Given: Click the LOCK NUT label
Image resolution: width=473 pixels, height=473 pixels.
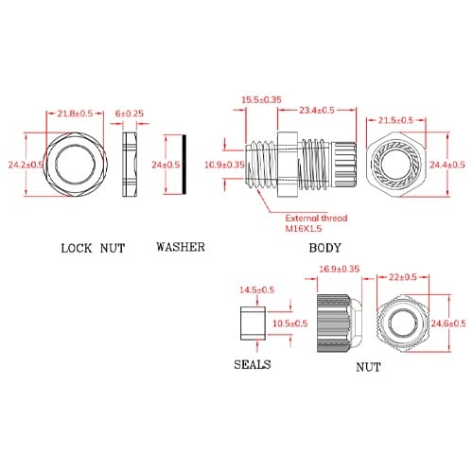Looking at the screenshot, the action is [93, 248].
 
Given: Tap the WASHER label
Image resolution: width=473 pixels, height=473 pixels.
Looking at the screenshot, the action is [181, 247].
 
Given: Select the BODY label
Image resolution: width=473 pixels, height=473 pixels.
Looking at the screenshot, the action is [324, 248].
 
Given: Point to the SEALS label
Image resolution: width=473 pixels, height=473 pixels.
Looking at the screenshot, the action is [253, 364].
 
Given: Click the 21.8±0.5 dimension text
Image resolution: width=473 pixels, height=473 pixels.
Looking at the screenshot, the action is [75, 114].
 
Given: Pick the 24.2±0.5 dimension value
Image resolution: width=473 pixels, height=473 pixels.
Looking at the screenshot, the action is [26, 165].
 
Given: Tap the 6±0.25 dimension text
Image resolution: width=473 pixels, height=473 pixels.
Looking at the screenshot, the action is [130, 114].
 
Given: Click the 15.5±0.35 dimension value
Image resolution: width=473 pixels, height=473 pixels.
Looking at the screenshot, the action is [261, 99].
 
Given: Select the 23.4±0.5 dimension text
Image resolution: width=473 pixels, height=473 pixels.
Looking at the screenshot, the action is [317, 110].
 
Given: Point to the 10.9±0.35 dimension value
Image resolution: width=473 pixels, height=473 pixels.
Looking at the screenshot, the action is [224, 165].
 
